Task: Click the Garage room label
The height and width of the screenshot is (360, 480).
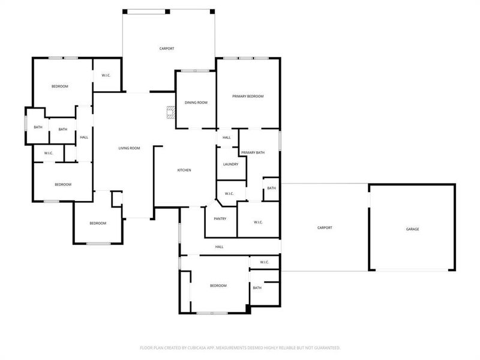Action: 412,229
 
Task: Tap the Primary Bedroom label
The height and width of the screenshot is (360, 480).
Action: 248,97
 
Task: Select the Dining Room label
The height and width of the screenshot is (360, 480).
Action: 196,103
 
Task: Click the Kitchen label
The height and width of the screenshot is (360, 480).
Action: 184,170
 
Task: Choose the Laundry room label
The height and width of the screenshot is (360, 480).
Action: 230,164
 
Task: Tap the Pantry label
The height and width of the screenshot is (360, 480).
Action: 220,218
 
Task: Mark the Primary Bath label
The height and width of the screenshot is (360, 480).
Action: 253,153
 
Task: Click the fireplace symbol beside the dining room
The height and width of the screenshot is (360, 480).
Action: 171,112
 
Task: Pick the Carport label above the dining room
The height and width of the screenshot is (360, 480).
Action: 167,49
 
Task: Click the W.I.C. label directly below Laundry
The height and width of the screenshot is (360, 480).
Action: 229,194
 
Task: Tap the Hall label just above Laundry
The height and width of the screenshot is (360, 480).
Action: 227,137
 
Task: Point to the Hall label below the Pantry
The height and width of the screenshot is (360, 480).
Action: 220,247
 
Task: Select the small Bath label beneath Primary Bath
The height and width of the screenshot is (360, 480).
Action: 272,188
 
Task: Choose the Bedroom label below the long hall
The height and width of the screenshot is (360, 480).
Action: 218,286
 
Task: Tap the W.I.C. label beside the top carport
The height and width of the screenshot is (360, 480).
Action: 106,75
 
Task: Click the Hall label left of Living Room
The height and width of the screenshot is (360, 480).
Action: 84,137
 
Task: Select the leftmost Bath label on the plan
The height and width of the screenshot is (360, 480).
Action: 38,127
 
